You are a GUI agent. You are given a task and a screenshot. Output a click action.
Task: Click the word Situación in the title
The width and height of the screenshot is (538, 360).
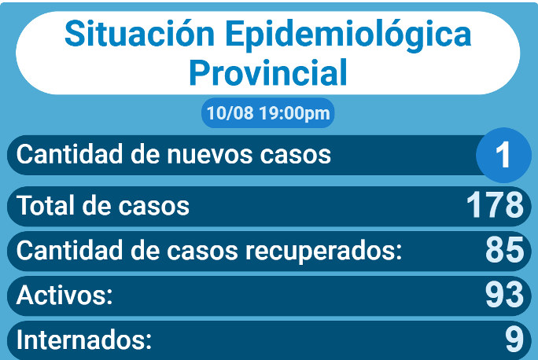click(140, 33)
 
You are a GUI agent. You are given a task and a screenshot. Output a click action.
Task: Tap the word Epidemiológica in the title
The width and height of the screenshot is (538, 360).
click(348, 35)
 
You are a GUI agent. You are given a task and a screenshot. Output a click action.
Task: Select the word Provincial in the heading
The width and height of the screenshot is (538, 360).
click(268, 72)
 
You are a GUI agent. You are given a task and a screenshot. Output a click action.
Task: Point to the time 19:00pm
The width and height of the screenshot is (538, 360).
click(294, 113)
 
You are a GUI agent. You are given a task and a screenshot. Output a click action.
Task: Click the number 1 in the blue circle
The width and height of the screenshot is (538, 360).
click(503, 155)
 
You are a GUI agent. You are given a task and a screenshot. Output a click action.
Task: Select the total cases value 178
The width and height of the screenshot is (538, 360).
click(495, 204)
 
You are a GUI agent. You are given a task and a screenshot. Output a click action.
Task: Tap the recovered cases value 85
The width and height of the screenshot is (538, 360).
click(504, 250)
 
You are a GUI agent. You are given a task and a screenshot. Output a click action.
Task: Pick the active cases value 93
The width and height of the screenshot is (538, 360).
click(504, 294)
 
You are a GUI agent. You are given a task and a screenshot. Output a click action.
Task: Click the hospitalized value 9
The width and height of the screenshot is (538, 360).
click(514, 339)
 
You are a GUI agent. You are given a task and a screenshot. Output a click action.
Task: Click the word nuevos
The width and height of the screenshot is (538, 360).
click(211, 155)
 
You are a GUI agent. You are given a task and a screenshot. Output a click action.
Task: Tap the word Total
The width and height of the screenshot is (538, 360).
click(46, 205)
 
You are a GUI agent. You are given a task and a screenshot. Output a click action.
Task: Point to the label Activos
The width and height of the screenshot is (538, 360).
click(64, 295)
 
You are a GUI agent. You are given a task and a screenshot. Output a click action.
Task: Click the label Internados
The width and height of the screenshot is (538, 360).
click(84, 340)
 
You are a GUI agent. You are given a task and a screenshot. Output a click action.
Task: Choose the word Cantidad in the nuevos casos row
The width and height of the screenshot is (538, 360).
click(69, 154)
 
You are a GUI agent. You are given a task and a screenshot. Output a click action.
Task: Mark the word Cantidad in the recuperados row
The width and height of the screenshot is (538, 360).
click(69, 250)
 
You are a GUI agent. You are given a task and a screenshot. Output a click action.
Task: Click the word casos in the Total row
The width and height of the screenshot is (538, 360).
click(153, 207)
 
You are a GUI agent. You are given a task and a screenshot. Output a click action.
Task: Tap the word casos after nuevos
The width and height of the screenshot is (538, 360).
click(296, 156)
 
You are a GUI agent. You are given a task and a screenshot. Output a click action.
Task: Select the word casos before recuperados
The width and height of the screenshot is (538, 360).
click(202, 252)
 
